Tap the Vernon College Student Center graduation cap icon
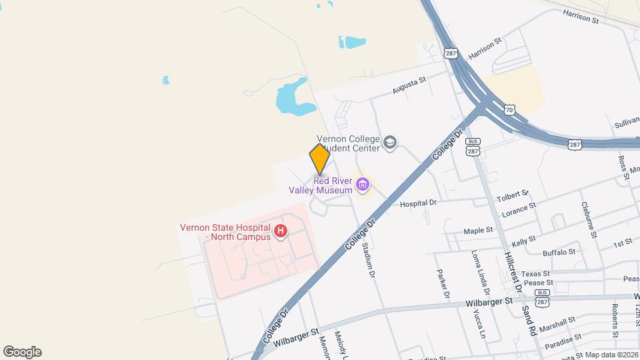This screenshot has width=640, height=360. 390,143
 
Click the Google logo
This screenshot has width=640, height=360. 22,352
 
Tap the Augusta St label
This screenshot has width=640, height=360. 409,85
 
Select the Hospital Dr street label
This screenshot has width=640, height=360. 418,203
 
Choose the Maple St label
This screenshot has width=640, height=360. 478,231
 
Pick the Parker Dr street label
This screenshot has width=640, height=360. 443,283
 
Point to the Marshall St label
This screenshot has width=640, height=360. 557,324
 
